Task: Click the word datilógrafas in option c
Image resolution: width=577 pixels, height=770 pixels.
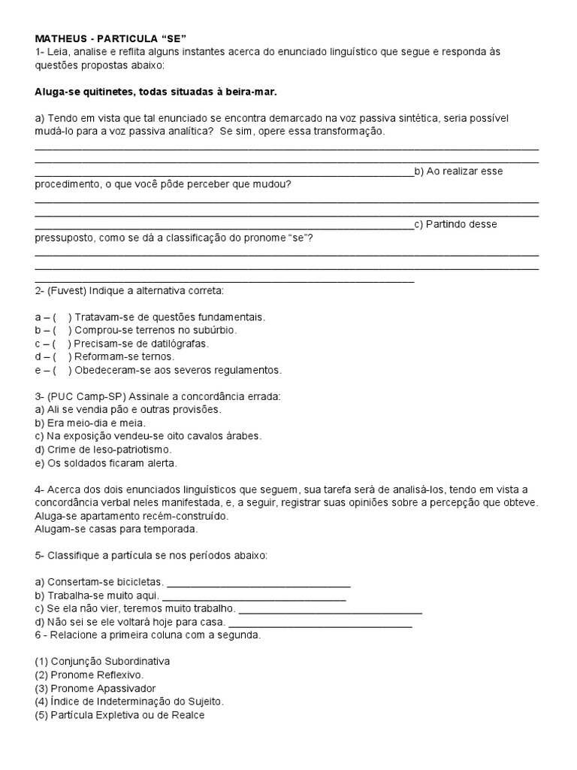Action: (181, 344)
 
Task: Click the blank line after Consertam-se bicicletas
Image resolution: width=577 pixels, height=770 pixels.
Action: (258, 584)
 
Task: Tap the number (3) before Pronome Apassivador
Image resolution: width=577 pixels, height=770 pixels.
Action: (42, 688)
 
